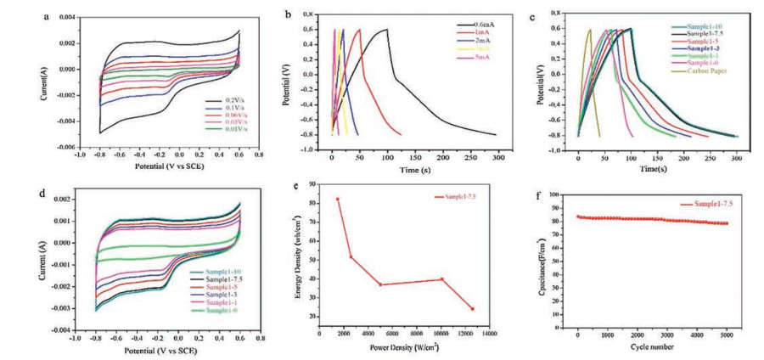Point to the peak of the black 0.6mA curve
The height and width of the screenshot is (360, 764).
click(x=387, y=30)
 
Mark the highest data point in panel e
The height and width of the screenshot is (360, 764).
click(x=337, y=199)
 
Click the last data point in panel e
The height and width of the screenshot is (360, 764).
click(x=472, y=308)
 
